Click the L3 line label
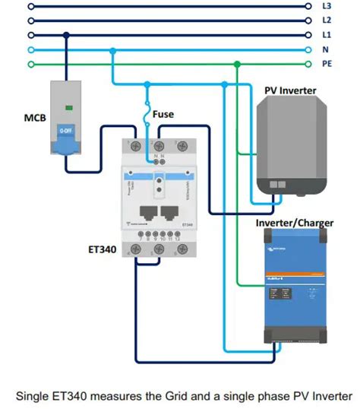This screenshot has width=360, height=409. [x=327, y=5]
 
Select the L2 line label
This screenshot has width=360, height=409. [x=327, y=20]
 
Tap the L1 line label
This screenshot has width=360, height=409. [x=327, y=35]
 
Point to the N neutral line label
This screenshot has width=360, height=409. [x=326, y=50]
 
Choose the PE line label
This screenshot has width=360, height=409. [x=327, y=65]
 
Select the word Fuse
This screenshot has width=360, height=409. [x=163, y=114]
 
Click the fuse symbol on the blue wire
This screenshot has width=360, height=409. [x=148, y=114]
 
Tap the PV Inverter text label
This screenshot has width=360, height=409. [x=290, y=90]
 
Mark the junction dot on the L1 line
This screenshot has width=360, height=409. [x=68, y=35]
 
